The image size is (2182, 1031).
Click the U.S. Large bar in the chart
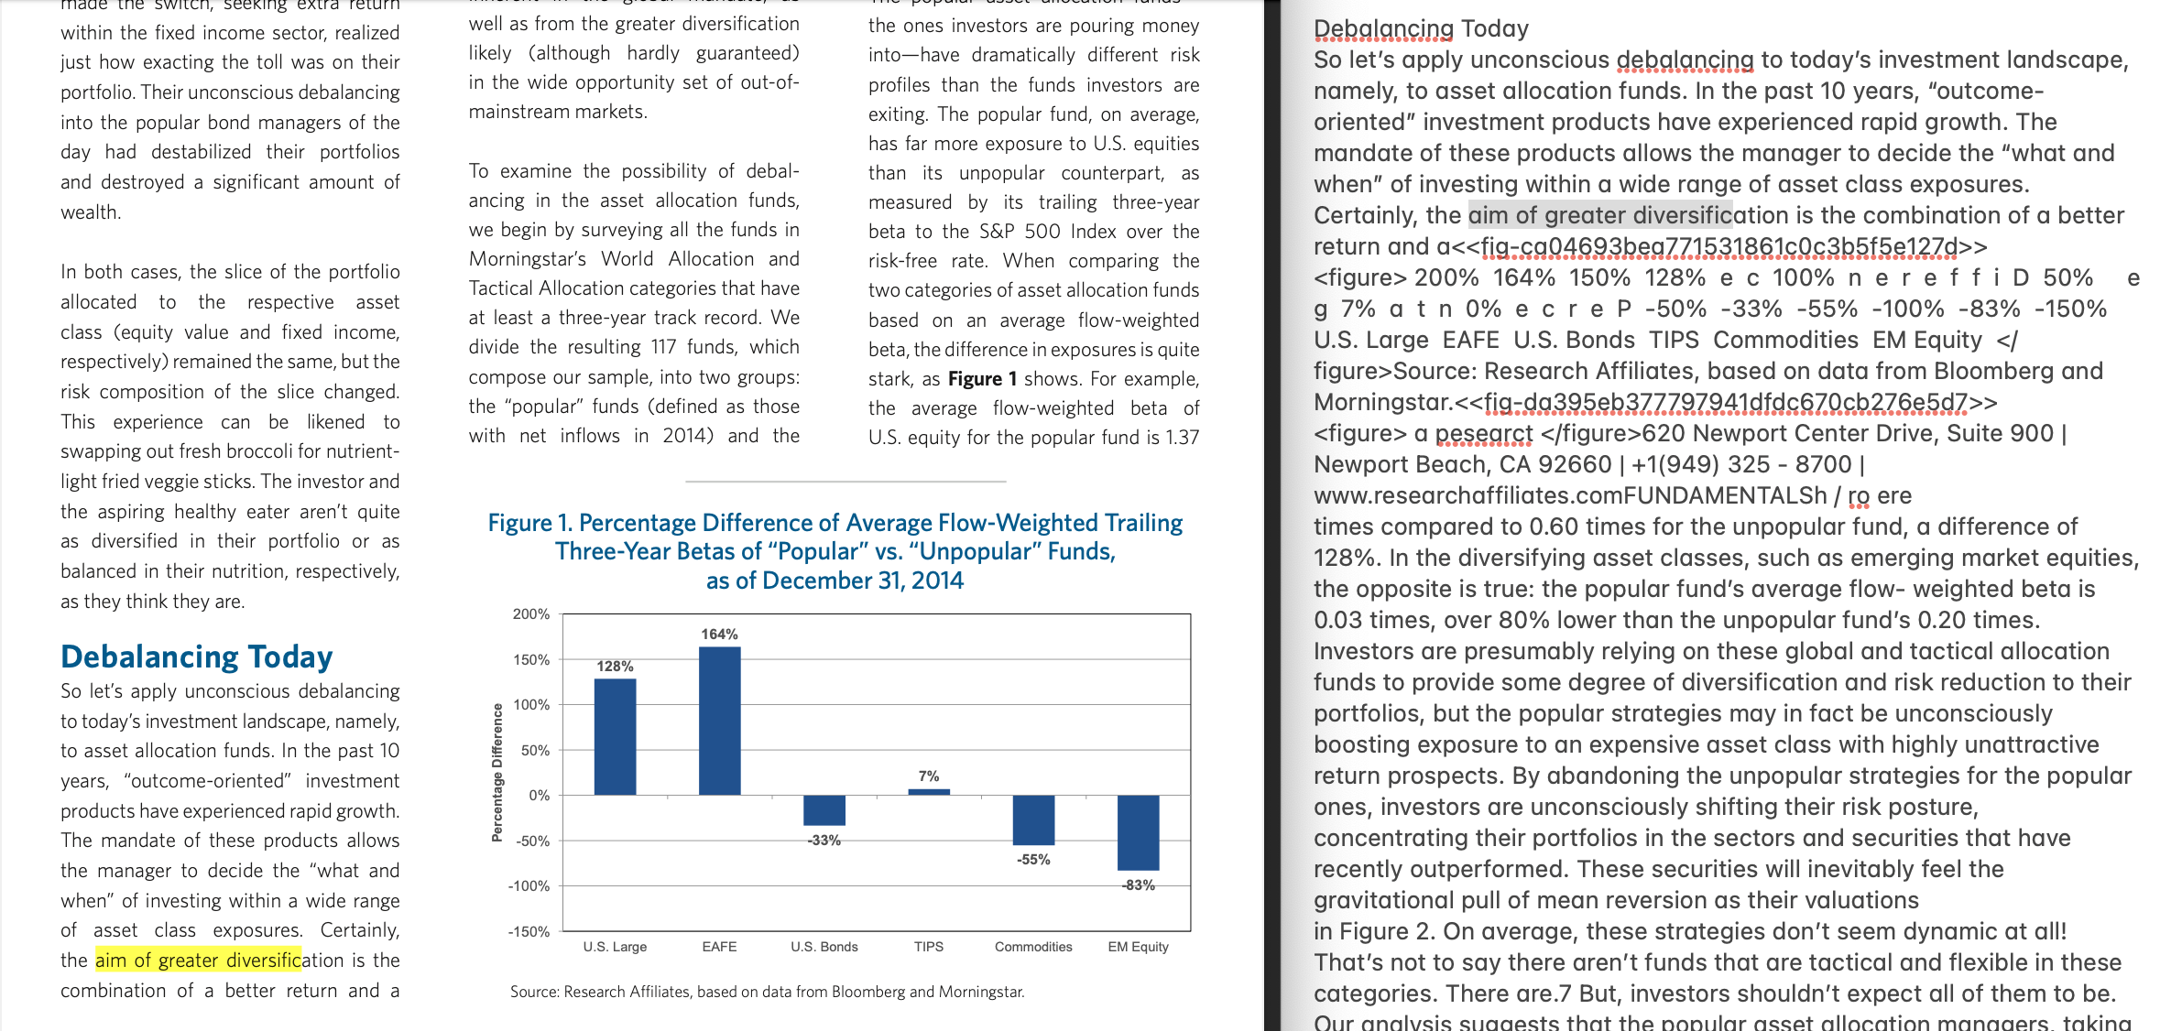click(615, 736)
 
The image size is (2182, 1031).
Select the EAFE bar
click(719, 721)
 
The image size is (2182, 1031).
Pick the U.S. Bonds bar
click(824, 810)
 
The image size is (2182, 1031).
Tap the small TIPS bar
click(929, 792)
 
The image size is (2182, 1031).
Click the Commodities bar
click(1033, 819)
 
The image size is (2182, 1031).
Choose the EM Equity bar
click(1138, 832)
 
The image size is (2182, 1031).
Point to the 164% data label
click(719, 634)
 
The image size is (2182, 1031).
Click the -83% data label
click(1138, 885)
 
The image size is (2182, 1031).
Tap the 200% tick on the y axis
click(531, 614)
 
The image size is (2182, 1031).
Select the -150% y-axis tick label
click(529, 932)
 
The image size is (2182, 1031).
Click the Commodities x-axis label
click(1033, 947)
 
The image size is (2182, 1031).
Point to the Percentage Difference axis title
click(497, 772)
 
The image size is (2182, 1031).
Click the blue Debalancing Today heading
click(196, 657)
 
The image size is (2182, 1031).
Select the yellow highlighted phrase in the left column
click(198, 960)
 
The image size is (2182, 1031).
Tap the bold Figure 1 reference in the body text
click(982, 379)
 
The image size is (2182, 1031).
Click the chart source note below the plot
click(767, 992)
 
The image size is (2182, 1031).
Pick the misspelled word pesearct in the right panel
click(1483, 433)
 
